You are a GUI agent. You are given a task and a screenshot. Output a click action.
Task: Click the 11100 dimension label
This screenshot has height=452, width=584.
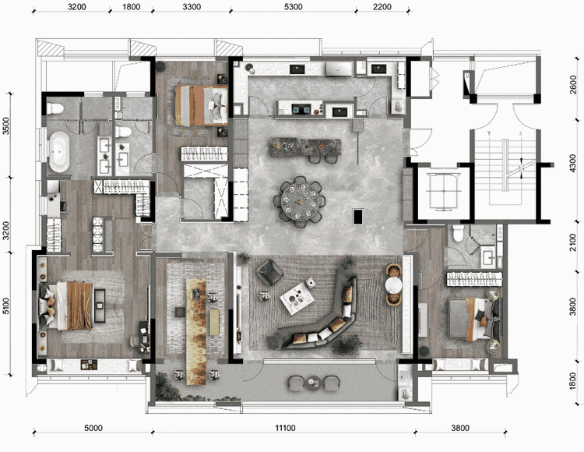(x=285, y=428)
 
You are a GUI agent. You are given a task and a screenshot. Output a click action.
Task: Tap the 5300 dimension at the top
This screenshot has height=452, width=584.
(x=293, y=7)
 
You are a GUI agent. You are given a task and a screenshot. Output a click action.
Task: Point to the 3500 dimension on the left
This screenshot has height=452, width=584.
(x=6, y=126)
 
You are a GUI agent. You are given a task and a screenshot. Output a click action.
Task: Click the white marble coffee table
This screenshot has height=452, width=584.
(x=297, y=298)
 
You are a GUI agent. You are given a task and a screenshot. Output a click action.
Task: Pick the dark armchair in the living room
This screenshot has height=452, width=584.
(x=270, y=272)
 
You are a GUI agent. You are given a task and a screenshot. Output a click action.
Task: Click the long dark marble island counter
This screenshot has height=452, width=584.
(x=305, y=147)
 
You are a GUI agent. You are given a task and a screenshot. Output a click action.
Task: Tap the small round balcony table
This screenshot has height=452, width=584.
(x=313, y=382)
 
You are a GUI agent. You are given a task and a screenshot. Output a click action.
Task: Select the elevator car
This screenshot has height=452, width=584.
(x=443, y=190)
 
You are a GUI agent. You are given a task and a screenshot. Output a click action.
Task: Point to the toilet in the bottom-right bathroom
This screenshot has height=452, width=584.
(x=457, y=233)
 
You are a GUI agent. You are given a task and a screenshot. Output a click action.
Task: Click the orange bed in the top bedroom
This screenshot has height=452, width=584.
(x=202, y=105)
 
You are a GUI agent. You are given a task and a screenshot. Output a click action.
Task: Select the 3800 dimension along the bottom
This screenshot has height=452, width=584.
(x=460, y=428)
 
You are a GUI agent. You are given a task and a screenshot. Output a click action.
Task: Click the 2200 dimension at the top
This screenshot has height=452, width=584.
(x=382, y=7)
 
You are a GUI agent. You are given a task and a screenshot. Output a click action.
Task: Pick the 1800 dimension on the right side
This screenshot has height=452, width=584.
(x=573, y=382)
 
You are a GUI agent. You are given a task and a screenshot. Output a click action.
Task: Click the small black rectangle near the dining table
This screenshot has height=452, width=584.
(x=358, y=217)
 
